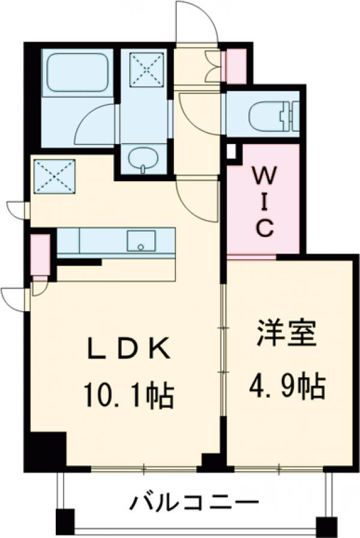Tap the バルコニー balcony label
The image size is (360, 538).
(x=195, y=501)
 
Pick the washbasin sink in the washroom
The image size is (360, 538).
(x=143, y=159)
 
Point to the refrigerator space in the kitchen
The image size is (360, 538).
(x=54, y=176)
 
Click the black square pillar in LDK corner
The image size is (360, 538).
(x=47, y=449)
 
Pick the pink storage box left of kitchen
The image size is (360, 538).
(x=40, y=254)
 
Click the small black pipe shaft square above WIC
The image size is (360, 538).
(x=232, y=151)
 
